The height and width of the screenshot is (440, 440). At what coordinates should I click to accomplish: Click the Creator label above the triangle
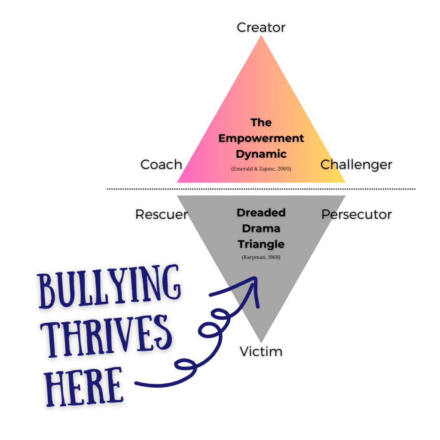[261, 27]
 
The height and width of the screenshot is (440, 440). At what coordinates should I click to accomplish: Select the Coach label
[161, 165]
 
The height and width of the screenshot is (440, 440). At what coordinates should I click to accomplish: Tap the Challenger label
[356, 165]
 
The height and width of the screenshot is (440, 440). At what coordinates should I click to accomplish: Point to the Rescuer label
[162, 214]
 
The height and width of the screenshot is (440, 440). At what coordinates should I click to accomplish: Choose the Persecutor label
[357, 214]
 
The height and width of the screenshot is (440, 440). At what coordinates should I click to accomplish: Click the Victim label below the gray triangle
[261, 351]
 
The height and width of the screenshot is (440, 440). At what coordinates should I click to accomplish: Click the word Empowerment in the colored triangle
[261, 138]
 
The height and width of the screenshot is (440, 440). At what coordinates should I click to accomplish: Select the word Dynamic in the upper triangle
[261, 154]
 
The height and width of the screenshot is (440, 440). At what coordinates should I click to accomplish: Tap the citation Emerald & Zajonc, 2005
[261, 169]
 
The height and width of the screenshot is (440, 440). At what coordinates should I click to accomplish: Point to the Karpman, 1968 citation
[261, 258]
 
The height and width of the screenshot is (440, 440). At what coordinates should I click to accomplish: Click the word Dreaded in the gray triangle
[261, 213]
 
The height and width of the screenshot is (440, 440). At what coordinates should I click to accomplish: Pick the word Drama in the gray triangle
[261, 229]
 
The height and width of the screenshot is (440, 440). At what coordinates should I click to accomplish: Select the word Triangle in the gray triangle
[261, 244]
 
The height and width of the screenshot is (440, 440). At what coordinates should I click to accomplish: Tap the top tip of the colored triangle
[261, 37]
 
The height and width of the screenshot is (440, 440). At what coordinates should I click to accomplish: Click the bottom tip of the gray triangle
[261, 342]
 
